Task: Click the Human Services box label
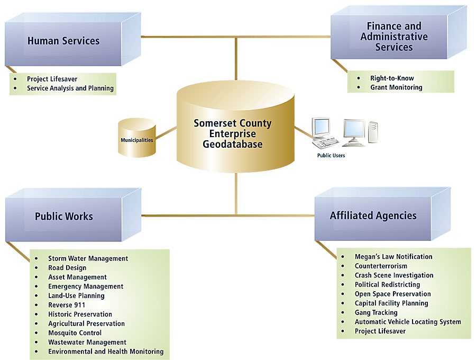63,41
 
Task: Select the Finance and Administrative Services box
394,37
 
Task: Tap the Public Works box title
64,216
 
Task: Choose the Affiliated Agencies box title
373,215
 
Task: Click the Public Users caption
331,156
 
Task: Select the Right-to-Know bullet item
392,78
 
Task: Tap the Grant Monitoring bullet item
396,87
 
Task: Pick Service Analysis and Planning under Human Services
70,88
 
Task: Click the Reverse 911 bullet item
67,305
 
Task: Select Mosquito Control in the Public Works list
75,333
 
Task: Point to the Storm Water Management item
88,258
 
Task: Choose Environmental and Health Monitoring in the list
106,352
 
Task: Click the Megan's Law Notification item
393,257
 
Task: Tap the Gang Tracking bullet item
376,312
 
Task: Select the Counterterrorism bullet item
381,266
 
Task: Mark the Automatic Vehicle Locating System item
408,322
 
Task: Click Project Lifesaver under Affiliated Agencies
380,331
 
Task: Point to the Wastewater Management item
87,342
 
